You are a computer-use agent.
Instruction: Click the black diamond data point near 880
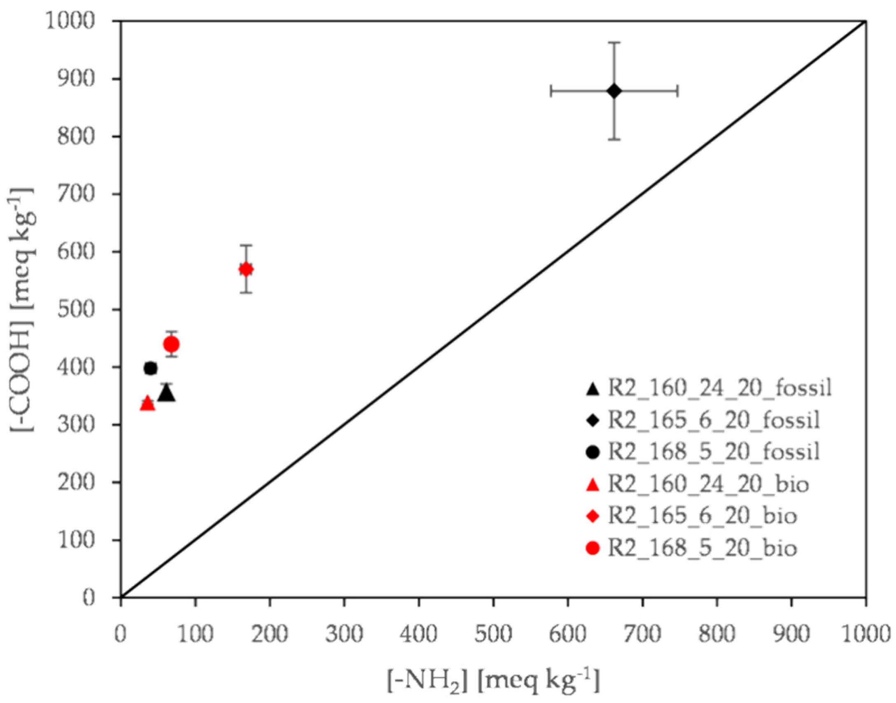point(614,91)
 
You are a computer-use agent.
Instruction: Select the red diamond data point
point(246,269)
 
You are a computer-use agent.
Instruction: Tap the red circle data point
point(171,344)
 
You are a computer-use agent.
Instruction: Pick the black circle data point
point(151,368)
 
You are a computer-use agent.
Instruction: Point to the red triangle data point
point(147,404)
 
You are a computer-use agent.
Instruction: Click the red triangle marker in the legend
point(592,485)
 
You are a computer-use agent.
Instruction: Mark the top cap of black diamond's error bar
point(614,42)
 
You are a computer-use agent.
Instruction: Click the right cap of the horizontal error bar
point(677,91)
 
